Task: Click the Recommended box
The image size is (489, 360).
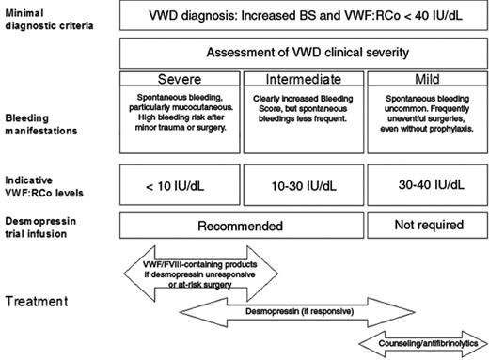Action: tap(242, 227)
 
